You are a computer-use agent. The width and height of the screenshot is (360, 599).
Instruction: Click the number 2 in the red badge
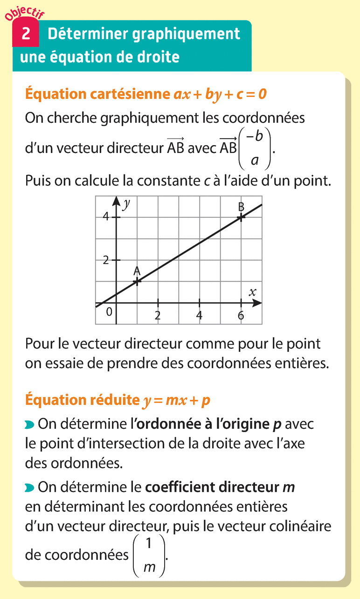[x=26, y=34]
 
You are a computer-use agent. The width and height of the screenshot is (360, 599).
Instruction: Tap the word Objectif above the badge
[x=24, y=13]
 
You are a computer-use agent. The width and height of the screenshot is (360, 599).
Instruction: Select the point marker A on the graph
[x=137, y=281]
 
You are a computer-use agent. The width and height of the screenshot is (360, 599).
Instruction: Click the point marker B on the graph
[x=241, y=217]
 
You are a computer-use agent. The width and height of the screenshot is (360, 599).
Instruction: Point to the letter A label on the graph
[x=137, y=271]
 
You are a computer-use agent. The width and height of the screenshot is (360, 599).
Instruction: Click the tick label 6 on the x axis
[x=241, y=315]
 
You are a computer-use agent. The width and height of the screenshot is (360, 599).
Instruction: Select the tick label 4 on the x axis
[x=200, y=315]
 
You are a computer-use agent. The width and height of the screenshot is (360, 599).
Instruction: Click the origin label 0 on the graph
[x=109, y=312]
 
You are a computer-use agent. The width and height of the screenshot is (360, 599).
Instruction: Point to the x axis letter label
[x=253, y=293]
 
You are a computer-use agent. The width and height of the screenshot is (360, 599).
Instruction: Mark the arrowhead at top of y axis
[x=116, y=200]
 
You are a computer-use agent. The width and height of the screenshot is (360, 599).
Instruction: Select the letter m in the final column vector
[x=150, y=567]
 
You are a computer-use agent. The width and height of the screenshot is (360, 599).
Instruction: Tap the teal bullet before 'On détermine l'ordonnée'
[x=29, y=425]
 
